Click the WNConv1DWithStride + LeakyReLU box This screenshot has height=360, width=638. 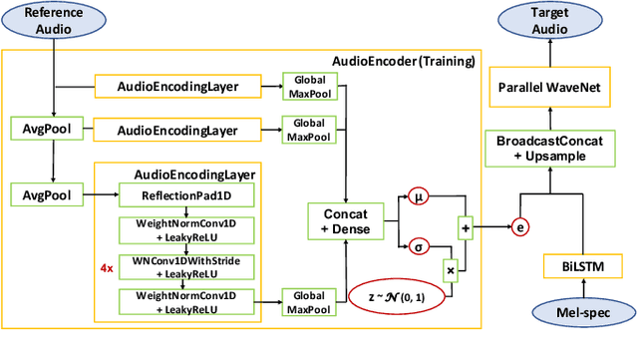point(176,266)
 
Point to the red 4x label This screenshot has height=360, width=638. point(106,268)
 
